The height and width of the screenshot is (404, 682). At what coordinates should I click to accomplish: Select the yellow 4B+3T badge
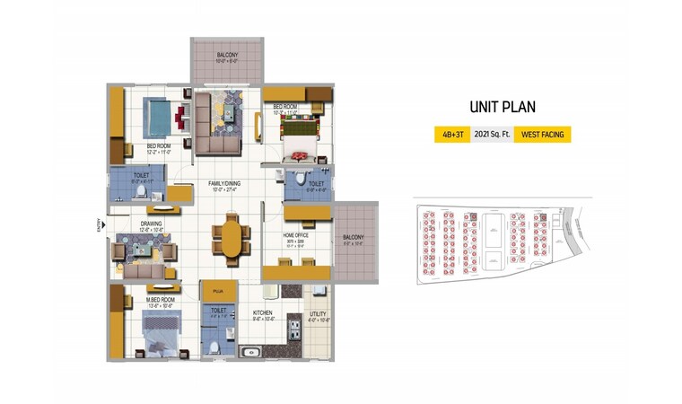tap(447, 135)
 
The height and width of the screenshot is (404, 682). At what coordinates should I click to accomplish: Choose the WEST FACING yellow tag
tap(541, 135)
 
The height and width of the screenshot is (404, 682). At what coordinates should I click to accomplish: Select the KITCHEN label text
tap(262, 313)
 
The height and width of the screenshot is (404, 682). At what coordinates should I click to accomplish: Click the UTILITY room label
tap(319, 313)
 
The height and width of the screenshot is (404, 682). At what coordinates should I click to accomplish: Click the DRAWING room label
tap(150, 224)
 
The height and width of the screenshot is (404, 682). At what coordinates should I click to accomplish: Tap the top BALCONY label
tap(226, 56)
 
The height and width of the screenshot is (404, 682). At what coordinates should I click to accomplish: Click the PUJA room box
tap(217, 292)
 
